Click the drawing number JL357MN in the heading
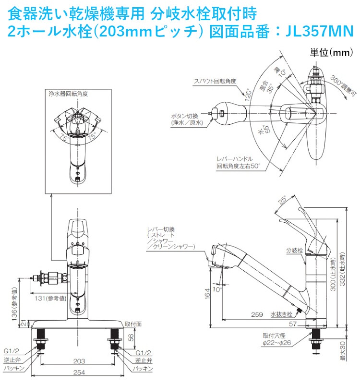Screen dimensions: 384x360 pyautogui.click(x=320, y=32)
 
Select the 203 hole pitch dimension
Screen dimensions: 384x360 pyautogui.click(x=80, y=360)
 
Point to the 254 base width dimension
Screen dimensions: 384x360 pyautogui.click(x=80, y=373)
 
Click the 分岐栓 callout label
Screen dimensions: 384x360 pyautogui.click(x=293, y=250)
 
